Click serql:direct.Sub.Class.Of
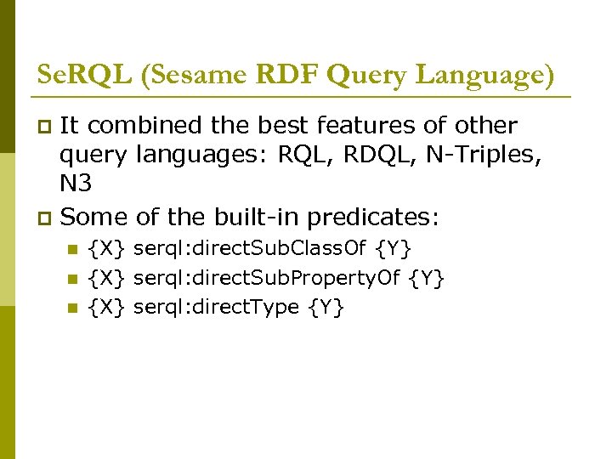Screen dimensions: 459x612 coord(252,250)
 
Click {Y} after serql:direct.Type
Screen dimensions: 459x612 coord(327,306)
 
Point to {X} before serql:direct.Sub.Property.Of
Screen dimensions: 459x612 coord(109,278)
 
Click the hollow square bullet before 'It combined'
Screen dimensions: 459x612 coord(45,127)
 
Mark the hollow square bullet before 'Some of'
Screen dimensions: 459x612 coord(45,218)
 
